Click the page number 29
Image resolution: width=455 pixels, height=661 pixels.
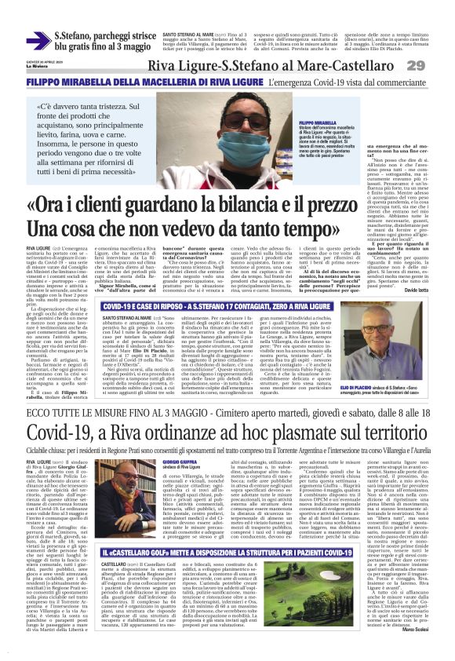click(x=436, y=64)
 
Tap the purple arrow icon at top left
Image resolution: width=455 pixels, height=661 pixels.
click(x=38, y=41)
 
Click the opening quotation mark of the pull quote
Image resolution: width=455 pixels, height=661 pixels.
click(x=38, y=106)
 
